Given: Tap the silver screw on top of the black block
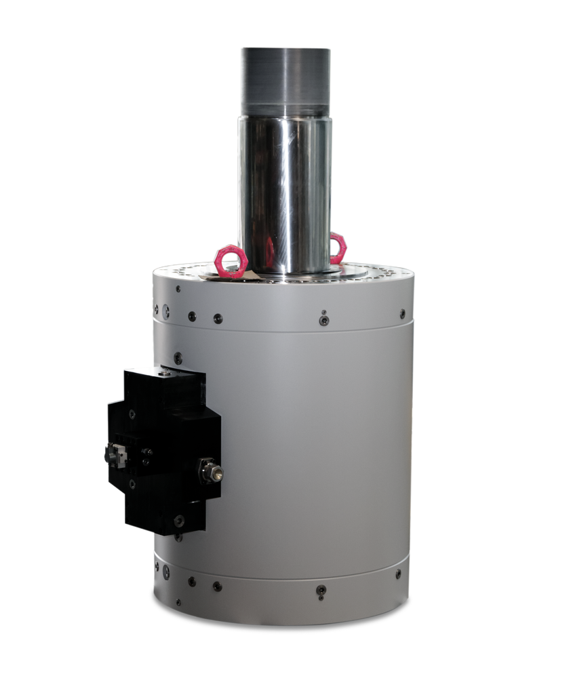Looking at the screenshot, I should (165, 371).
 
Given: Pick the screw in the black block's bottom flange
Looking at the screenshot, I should (178, 521).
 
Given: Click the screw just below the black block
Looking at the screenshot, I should (178, 538).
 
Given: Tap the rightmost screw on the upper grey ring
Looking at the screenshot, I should (402, 313).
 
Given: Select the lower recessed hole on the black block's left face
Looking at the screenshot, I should (131, 483).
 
